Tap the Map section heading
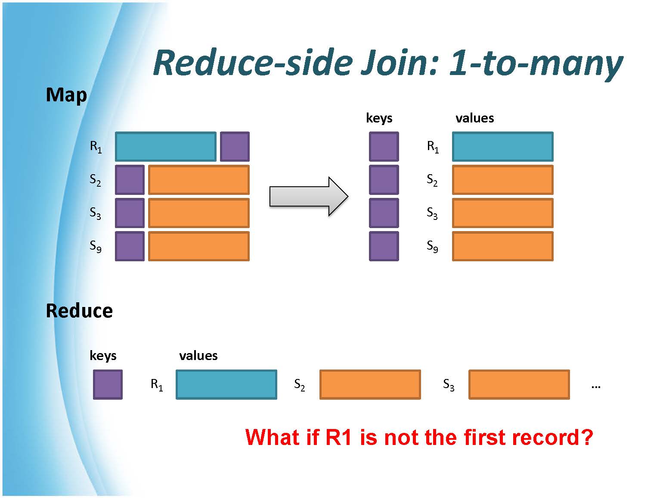pos(66,96)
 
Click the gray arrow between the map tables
pos(309,197)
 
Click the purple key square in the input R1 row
pos(235,146)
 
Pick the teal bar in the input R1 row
pos(166,146)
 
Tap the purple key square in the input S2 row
pos(130,180)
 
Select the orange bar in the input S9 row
pos(199,246)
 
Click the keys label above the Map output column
pos(379,118)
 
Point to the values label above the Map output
pos(474,118)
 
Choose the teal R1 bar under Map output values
pos(503,146)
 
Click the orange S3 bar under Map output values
pos(503,213)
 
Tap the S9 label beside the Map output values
pos(432,246)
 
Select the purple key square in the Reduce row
pos(108,384)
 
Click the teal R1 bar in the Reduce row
pos(226,384)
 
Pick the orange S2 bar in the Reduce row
pos(370,384)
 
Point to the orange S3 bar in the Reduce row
pos(519,384)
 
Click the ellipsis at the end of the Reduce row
pos(596,387)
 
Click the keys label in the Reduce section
pos(103,356)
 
